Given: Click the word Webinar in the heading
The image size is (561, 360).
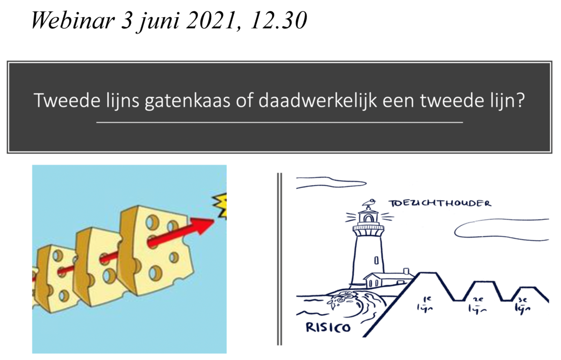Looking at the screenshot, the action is [73, 20].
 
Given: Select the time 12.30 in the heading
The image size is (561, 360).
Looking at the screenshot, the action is [279, 20].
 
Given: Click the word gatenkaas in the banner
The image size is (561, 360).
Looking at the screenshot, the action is [187, 101].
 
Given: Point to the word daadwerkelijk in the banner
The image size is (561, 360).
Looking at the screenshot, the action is [317, 101].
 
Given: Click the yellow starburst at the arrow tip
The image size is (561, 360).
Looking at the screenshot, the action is [220, 205].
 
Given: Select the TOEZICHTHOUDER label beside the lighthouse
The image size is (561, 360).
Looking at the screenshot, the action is [440, 203].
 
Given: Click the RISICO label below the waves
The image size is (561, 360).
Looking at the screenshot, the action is [328, 327].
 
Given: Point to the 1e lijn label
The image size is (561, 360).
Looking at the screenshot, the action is [425, 303].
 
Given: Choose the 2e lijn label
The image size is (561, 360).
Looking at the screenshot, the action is [477, 305].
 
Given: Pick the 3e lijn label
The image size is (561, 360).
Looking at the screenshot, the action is [523, 305].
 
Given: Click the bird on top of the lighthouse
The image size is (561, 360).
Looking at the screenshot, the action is [369, 202].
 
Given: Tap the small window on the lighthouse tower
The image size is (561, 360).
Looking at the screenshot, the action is [376, 260].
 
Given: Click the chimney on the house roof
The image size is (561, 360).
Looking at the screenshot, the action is [406, 271].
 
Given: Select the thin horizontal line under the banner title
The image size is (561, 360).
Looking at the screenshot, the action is [280, 122].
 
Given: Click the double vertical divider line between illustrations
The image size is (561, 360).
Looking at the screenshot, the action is [280, 259].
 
